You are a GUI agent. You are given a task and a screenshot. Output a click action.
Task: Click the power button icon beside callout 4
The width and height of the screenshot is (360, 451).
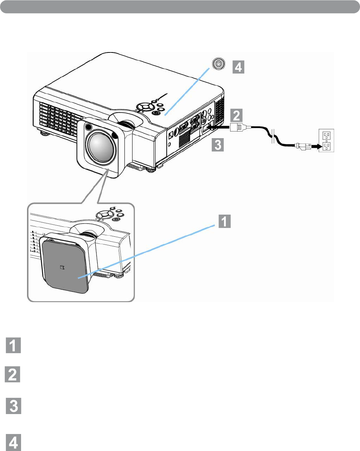[219, 64]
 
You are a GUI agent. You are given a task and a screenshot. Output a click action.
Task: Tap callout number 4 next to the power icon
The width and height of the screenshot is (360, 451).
[238, 67]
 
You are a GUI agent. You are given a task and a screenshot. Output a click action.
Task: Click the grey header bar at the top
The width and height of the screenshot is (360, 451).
[180, 7]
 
